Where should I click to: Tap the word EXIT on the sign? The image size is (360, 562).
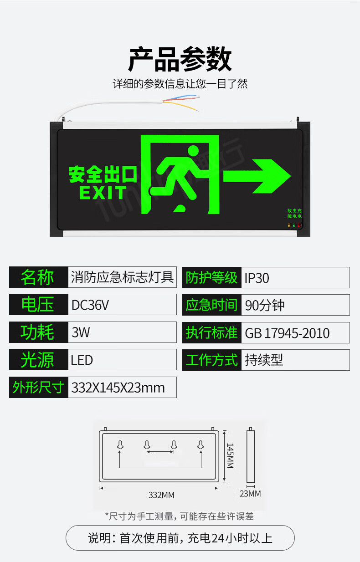(103, 192)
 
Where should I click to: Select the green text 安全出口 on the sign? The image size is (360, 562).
(103, 174)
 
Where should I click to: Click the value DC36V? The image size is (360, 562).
(91, 305)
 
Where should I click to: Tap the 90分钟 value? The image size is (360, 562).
(264, 305)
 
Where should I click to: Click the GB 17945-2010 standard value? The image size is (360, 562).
(287, 333)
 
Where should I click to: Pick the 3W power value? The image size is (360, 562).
(81, 332)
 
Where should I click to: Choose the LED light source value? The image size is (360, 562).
(82, 360)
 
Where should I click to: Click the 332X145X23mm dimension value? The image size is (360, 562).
(118, 388)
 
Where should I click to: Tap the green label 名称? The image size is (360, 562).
(38, 277)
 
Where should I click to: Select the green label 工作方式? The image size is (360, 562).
(211, 360)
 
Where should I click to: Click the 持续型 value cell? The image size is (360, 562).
(264, 360)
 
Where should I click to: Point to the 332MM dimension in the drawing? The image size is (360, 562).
(161, 495)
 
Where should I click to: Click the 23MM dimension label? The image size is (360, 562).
(251, 493)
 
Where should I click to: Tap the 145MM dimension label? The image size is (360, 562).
(230, 455)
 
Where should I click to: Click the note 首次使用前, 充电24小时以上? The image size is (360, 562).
(180, 538)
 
